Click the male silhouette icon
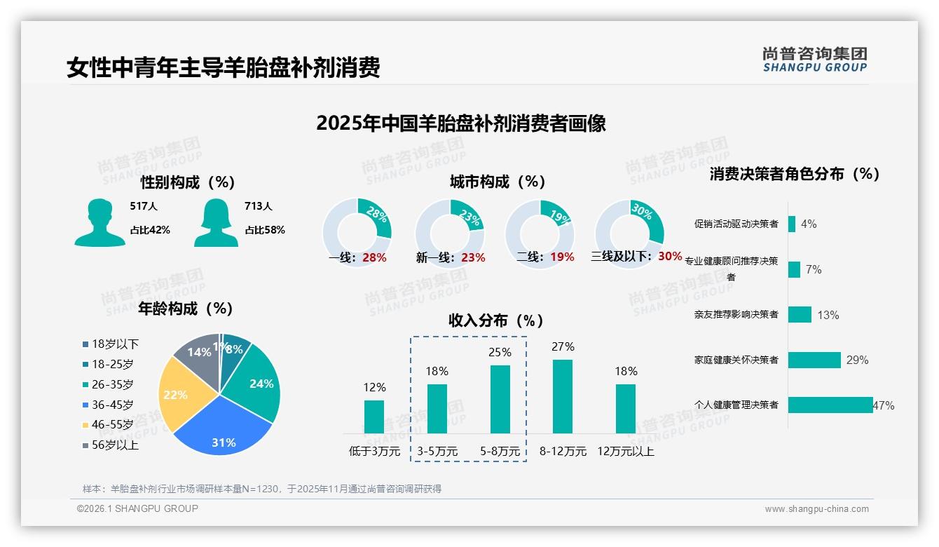tap(100, 223)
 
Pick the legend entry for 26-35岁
tap(112, 384)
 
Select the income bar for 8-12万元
tap(563, 397)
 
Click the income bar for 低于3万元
tap(374, 417)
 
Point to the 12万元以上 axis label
tap(625, 451)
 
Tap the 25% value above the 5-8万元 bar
tap(500, 352)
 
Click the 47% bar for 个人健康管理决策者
tap(830, 405)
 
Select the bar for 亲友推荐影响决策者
tap(800, 314)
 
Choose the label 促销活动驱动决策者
tap(736, 224)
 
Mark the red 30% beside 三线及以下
tap(670, 256)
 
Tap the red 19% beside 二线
tap(562, 257)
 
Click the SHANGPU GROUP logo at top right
tap(814, 59)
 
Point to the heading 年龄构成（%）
tap(185, 308)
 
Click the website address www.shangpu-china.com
tap(816, 509)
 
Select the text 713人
tap(258, 206)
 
